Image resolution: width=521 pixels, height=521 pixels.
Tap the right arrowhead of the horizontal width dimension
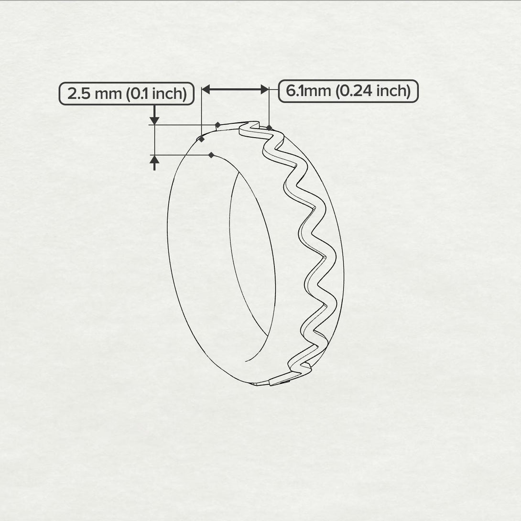264,89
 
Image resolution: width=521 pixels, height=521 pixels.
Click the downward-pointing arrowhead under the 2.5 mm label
154,119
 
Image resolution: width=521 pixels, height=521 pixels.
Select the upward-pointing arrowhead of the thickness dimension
154,160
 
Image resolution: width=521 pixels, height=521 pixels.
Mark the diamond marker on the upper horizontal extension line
217,125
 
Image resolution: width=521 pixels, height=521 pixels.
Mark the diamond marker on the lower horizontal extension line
211,155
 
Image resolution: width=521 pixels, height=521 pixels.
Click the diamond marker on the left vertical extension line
202,139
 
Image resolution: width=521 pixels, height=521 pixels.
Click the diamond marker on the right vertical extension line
270,128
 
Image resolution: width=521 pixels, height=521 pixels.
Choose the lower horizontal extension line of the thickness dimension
182,155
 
